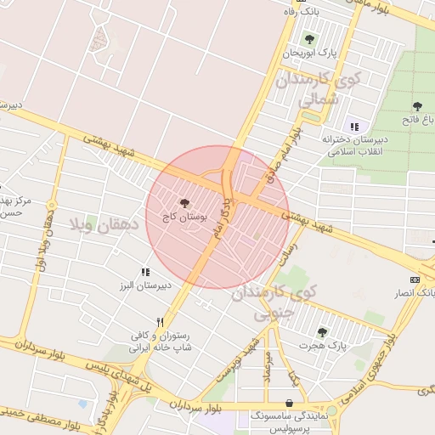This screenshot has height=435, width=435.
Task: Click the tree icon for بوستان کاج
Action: pos(184,202)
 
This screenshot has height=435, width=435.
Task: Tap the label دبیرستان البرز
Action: pos(168,285)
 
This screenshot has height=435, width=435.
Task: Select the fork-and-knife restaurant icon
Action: pos(159,322)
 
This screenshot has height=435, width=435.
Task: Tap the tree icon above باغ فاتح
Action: pos(416,106)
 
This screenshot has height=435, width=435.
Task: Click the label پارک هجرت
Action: pos(324,346)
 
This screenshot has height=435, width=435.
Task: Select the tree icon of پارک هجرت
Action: pos(321,331)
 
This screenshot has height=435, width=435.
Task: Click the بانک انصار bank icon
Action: pos(414,280)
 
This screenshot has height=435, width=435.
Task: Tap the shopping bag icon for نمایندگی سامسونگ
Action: pos(291,403)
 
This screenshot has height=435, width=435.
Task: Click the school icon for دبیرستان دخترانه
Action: pos(354,126)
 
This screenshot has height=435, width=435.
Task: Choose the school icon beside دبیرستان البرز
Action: pos(145,272)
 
